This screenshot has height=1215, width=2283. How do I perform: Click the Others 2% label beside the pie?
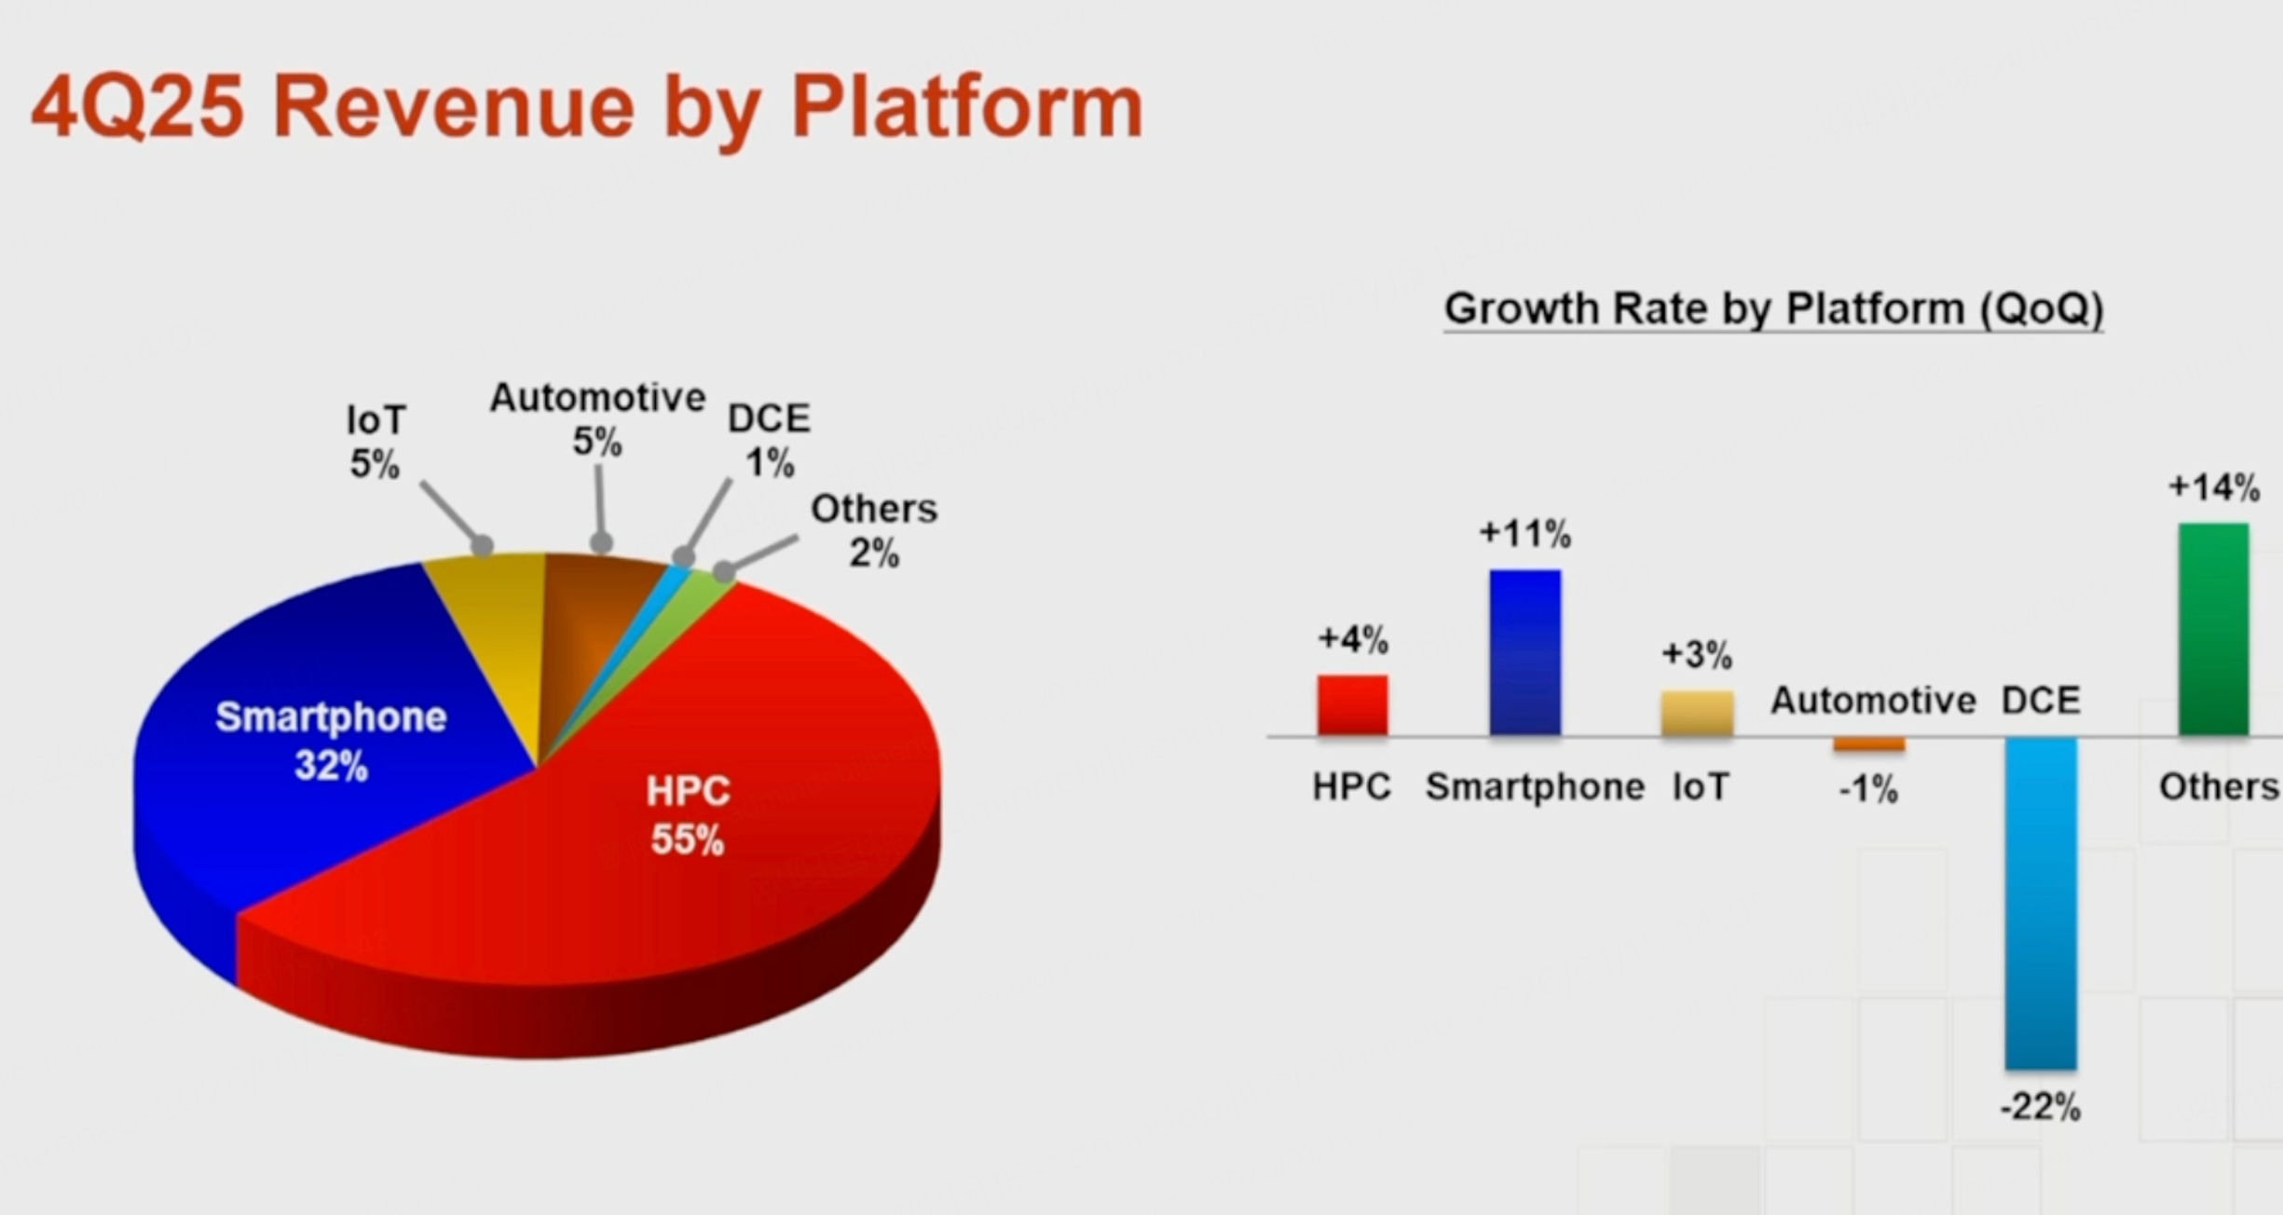(874, 530)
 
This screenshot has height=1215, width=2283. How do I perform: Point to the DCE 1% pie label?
(769, 440)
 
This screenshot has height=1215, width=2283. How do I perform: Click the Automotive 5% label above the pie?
(597, 419)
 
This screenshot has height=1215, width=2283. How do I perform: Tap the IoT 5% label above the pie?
(376, 442)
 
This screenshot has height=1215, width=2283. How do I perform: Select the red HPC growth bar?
(1352, 705)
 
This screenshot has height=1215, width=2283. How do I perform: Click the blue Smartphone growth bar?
(1524, 652)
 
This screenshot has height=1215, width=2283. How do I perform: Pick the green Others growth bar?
(2213, 630)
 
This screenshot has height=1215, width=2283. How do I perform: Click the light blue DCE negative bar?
(2041, 904)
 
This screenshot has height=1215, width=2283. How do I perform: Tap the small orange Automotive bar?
(1869, 744)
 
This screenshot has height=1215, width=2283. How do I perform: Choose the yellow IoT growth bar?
(1697, 714)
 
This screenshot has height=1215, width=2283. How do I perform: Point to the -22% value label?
(2040, 1107)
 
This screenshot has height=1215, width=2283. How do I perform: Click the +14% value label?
(2214, 487)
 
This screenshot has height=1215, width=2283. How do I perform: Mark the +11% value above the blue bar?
(1525, 534)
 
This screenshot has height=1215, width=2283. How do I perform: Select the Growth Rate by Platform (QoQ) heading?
(1773, 308)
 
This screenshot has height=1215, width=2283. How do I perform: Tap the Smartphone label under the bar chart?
(1535, 787)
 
